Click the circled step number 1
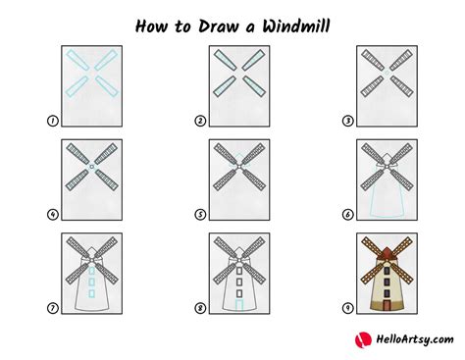(x=52, y=122)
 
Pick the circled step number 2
(x=200, y=122)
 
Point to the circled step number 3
(x=347, y=122)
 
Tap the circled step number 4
(x=52, y=215)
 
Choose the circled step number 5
(x=200, y=215)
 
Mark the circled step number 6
(x=347, y=215)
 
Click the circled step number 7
(x=52, y=308)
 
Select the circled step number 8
(x=200, y=308)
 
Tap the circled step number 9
(x=347, y=308)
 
